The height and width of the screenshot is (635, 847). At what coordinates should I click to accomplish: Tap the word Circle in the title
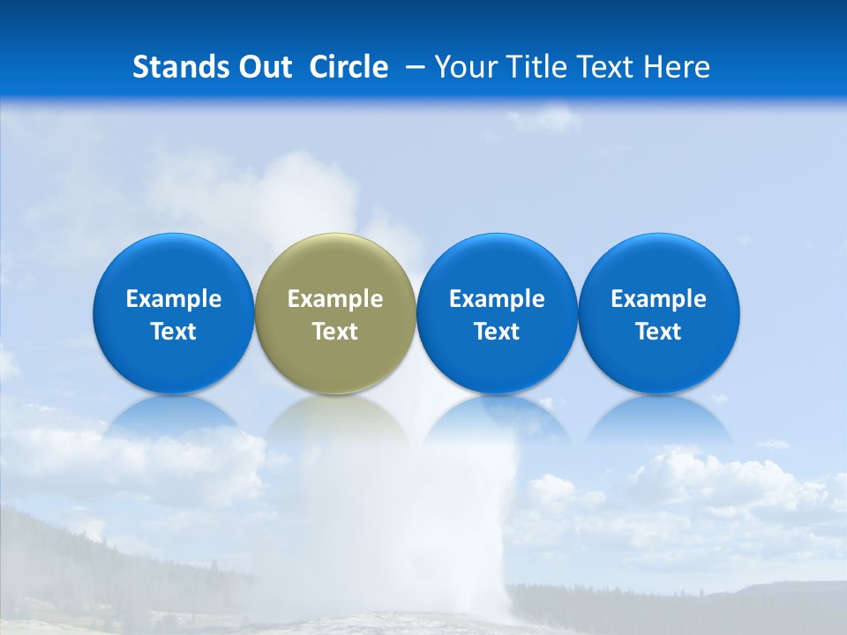coord(349,67)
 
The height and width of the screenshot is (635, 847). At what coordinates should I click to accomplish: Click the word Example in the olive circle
coord(335,299)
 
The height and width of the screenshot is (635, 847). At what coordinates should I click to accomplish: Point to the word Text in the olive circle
coord(335,332)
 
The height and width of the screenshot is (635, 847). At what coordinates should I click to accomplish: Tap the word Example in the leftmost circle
coord(174,299)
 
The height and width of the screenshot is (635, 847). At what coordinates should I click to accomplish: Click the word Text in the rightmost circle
coord(659,332)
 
